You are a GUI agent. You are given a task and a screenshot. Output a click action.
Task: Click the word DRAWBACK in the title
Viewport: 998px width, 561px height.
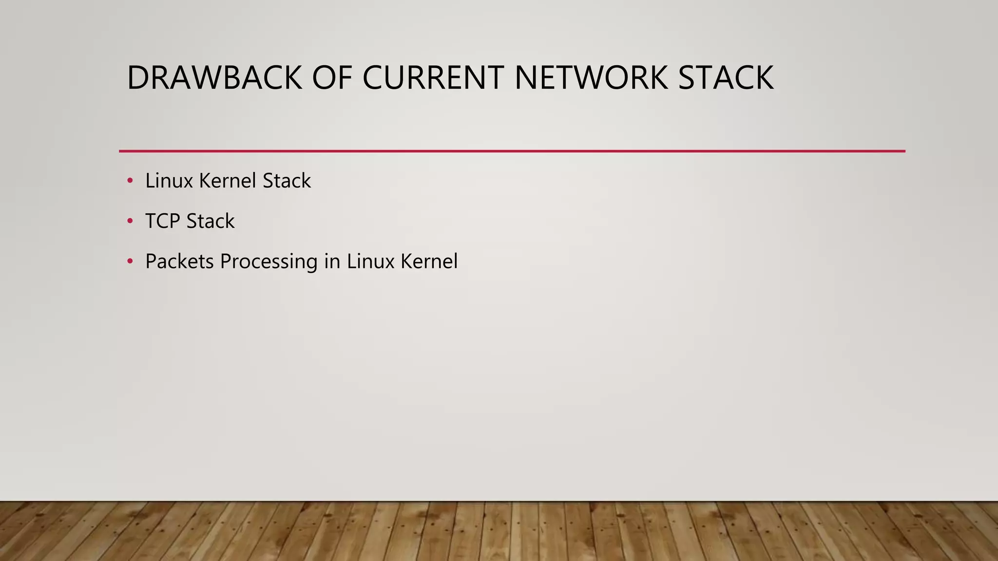(x=214, y=78)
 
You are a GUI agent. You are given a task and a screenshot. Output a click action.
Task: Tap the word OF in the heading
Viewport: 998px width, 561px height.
(x=332, y=78)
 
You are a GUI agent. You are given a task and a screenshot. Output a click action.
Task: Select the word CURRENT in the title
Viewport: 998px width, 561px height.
(x=433, y=78)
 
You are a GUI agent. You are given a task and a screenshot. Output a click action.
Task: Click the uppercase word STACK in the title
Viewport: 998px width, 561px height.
(x=726, y=78)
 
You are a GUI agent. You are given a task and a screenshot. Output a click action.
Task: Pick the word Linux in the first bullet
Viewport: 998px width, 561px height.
(x=169, y=181)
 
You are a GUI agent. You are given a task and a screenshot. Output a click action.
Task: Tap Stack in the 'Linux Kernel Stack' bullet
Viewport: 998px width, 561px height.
(x=287, y=181)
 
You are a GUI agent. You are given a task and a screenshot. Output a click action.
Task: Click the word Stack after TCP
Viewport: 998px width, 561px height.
(x=210, y=221)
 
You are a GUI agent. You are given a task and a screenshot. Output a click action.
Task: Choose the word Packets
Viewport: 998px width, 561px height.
(x=179, y=262)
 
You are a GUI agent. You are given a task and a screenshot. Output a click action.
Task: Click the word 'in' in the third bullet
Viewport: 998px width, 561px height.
(x=332, y=262)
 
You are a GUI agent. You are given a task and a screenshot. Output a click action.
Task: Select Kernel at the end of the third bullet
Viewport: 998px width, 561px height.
(x=429, y=262)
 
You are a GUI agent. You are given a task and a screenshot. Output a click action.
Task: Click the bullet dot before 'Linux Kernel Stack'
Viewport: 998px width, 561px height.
(x=130, y=181)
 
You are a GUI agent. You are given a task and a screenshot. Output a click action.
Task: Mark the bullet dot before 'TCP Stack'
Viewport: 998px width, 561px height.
(x=130, y=222)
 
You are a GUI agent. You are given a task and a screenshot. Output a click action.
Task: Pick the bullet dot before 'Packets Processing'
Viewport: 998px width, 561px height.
(x=130, y=262)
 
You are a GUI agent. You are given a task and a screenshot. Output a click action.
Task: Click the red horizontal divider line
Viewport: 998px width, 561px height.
(x=512, y=151)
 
